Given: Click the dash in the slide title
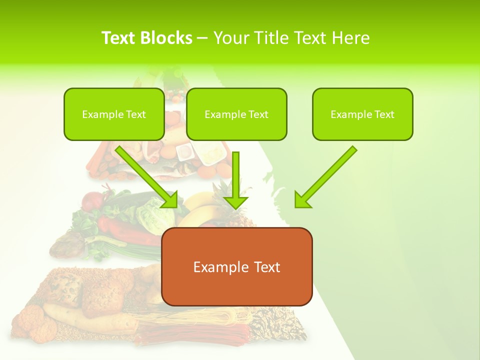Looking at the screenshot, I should [x=202, y=38].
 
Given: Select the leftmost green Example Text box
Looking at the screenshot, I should [x=114, y=114].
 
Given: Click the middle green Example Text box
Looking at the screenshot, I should [x=236, y=114].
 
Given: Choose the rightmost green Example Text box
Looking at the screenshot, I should [x=362, y=114].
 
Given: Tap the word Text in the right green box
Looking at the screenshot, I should [x=384, y=114].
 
